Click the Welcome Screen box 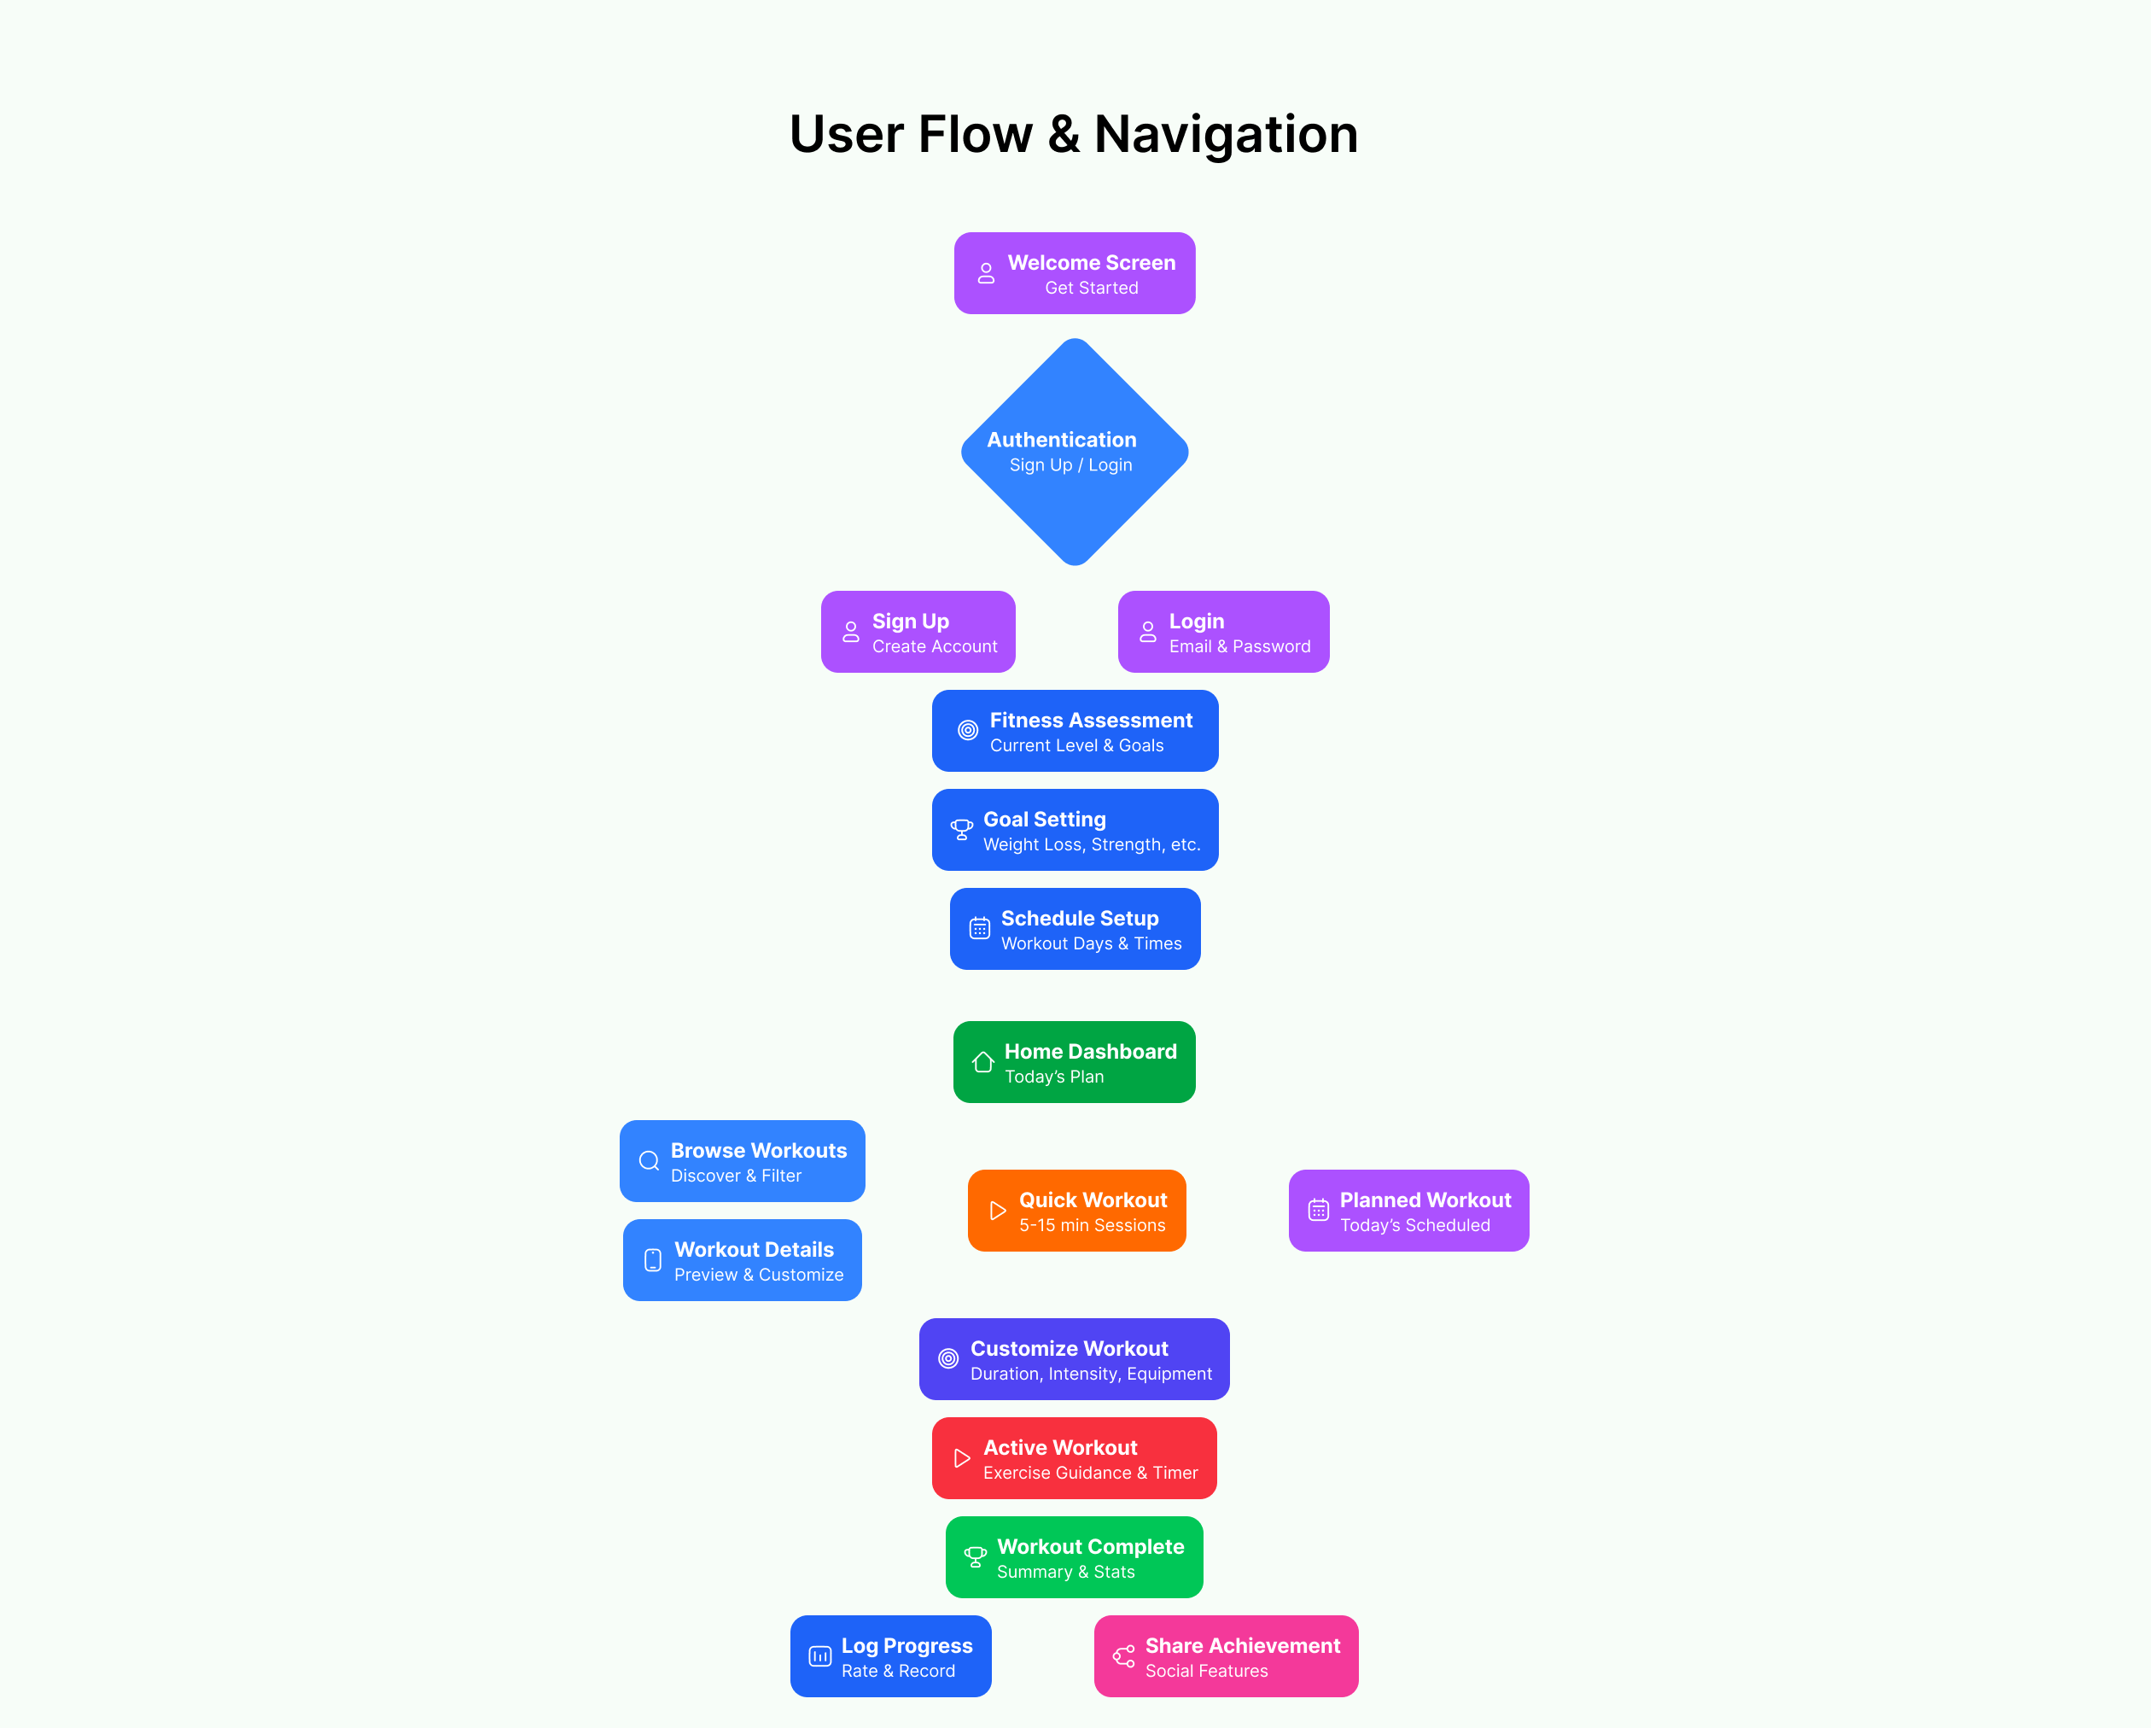click(x=1075, y=273)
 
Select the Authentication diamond click(x=1075, y=452)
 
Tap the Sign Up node click(x=918, y=632)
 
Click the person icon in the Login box click(x=1148, y=632)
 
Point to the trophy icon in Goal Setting click(x=962, y=830)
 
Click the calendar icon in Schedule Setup click(x=980, y=929)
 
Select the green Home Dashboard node click(x=1075, y=1061)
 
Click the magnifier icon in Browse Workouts click(x=650, y=1161)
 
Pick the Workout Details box click(x=743, y=1260)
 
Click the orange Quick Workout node click(x=1076, y=1211)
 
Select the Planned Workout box click(x=1408, y=1211)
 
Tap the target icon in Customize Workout click(x=949, y=1359)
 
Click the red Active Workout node click(x=1075, y=1457)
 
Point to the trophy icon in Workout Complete click(x=976, y=1556)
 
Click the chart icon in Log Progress click(x=820, y=1656)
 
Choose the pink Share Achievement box click(x=1226, y=1656)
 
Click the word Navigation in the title click(x=1226, y=134)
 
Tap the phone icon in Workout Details click(x=654, y=1260)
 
